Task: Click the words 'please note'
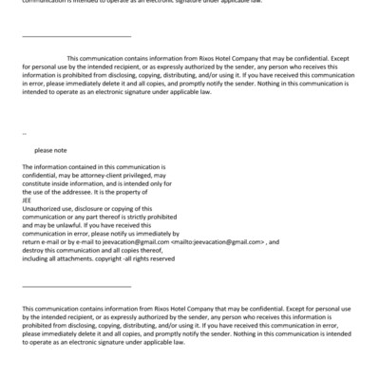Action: click(x=50, y=150)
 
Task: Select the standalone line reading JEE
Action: click(x=27, y=199)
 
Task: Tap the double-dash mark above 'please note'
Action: click(x=24, y=134)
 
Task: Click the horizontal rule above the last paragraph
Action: click(x=76, y=285)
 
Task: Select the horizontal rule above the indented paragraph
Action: click(x=76, y=36)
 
